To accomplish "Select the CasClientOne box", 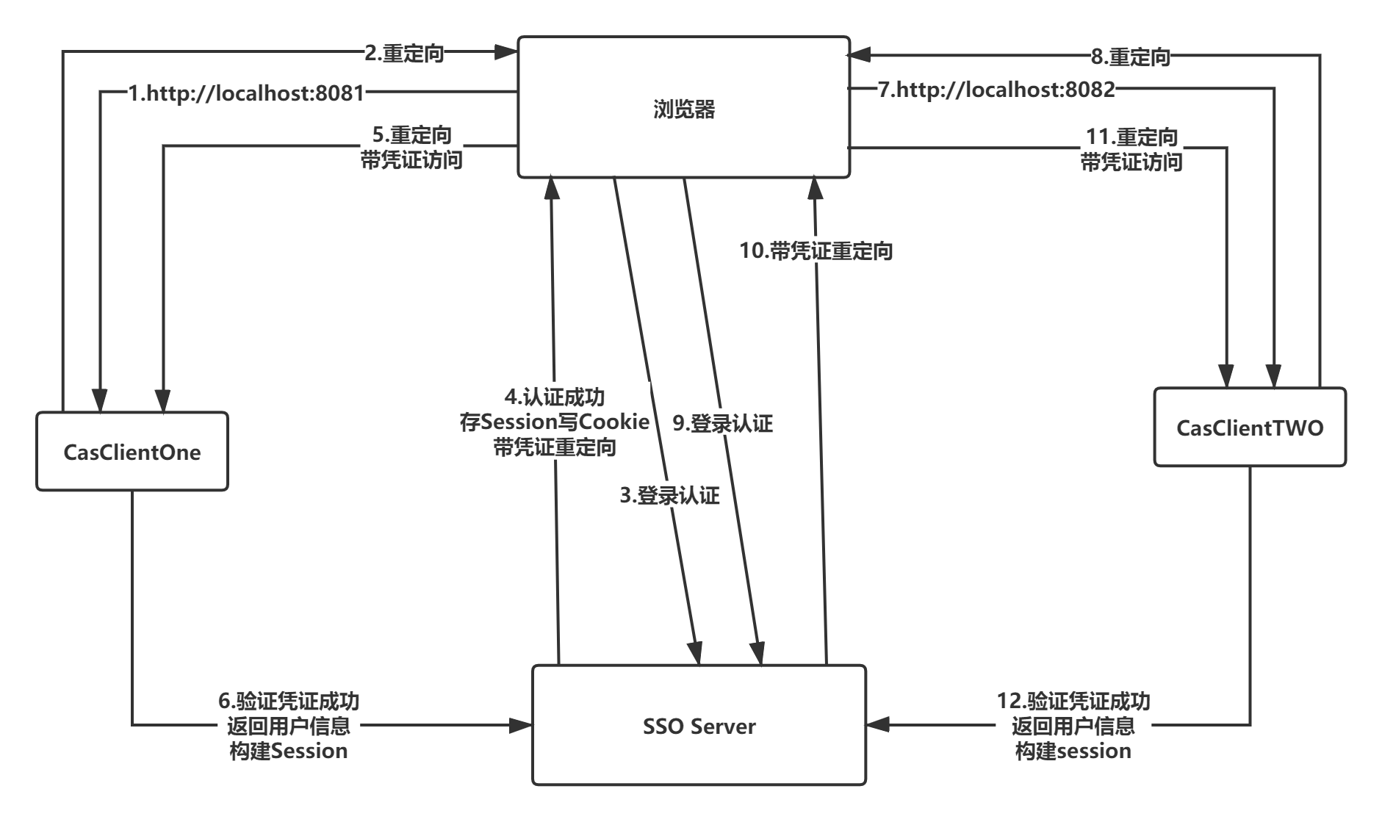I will click(x=132, y=451).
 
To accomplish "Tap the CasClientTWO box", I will click(x=1249, y=428).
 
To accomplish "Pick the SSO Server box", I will click(x=699, y=726).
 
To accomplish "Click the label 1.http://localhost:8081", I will click(x=246, y=93).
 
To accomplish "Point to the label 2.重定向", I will click(x=404, y=53).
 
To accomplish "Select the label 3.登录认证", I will click(x=669, y=495).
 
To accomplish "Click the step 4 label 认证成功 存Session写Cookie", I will click(x=555, y=421).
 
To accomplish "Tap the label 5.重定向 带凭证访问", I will click(x=411, y=147).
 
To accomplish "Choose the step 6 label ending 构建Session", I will click(x=289, y=725).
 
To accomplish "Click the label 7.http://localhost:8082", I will click(x=997, y=90).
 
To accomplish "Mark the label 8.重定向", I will click(x=1130, y=57).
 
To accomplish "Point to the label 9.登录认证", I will click(x=723, y=423).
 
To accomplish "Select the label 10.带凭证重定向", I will click(x=816, y=251).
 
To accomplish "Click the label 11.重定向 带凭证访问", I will click(x=1131, y=149).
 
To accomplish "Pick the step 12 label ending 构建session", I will click(x=1073, y=725).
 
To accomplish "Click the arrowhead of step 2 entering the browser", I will click(x=505, y=51).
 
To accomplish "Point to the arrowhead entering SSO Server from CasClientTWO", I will click(x=879, y=725).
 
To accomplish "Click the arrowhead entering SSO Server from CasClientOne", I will click(x=521, y=726).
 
